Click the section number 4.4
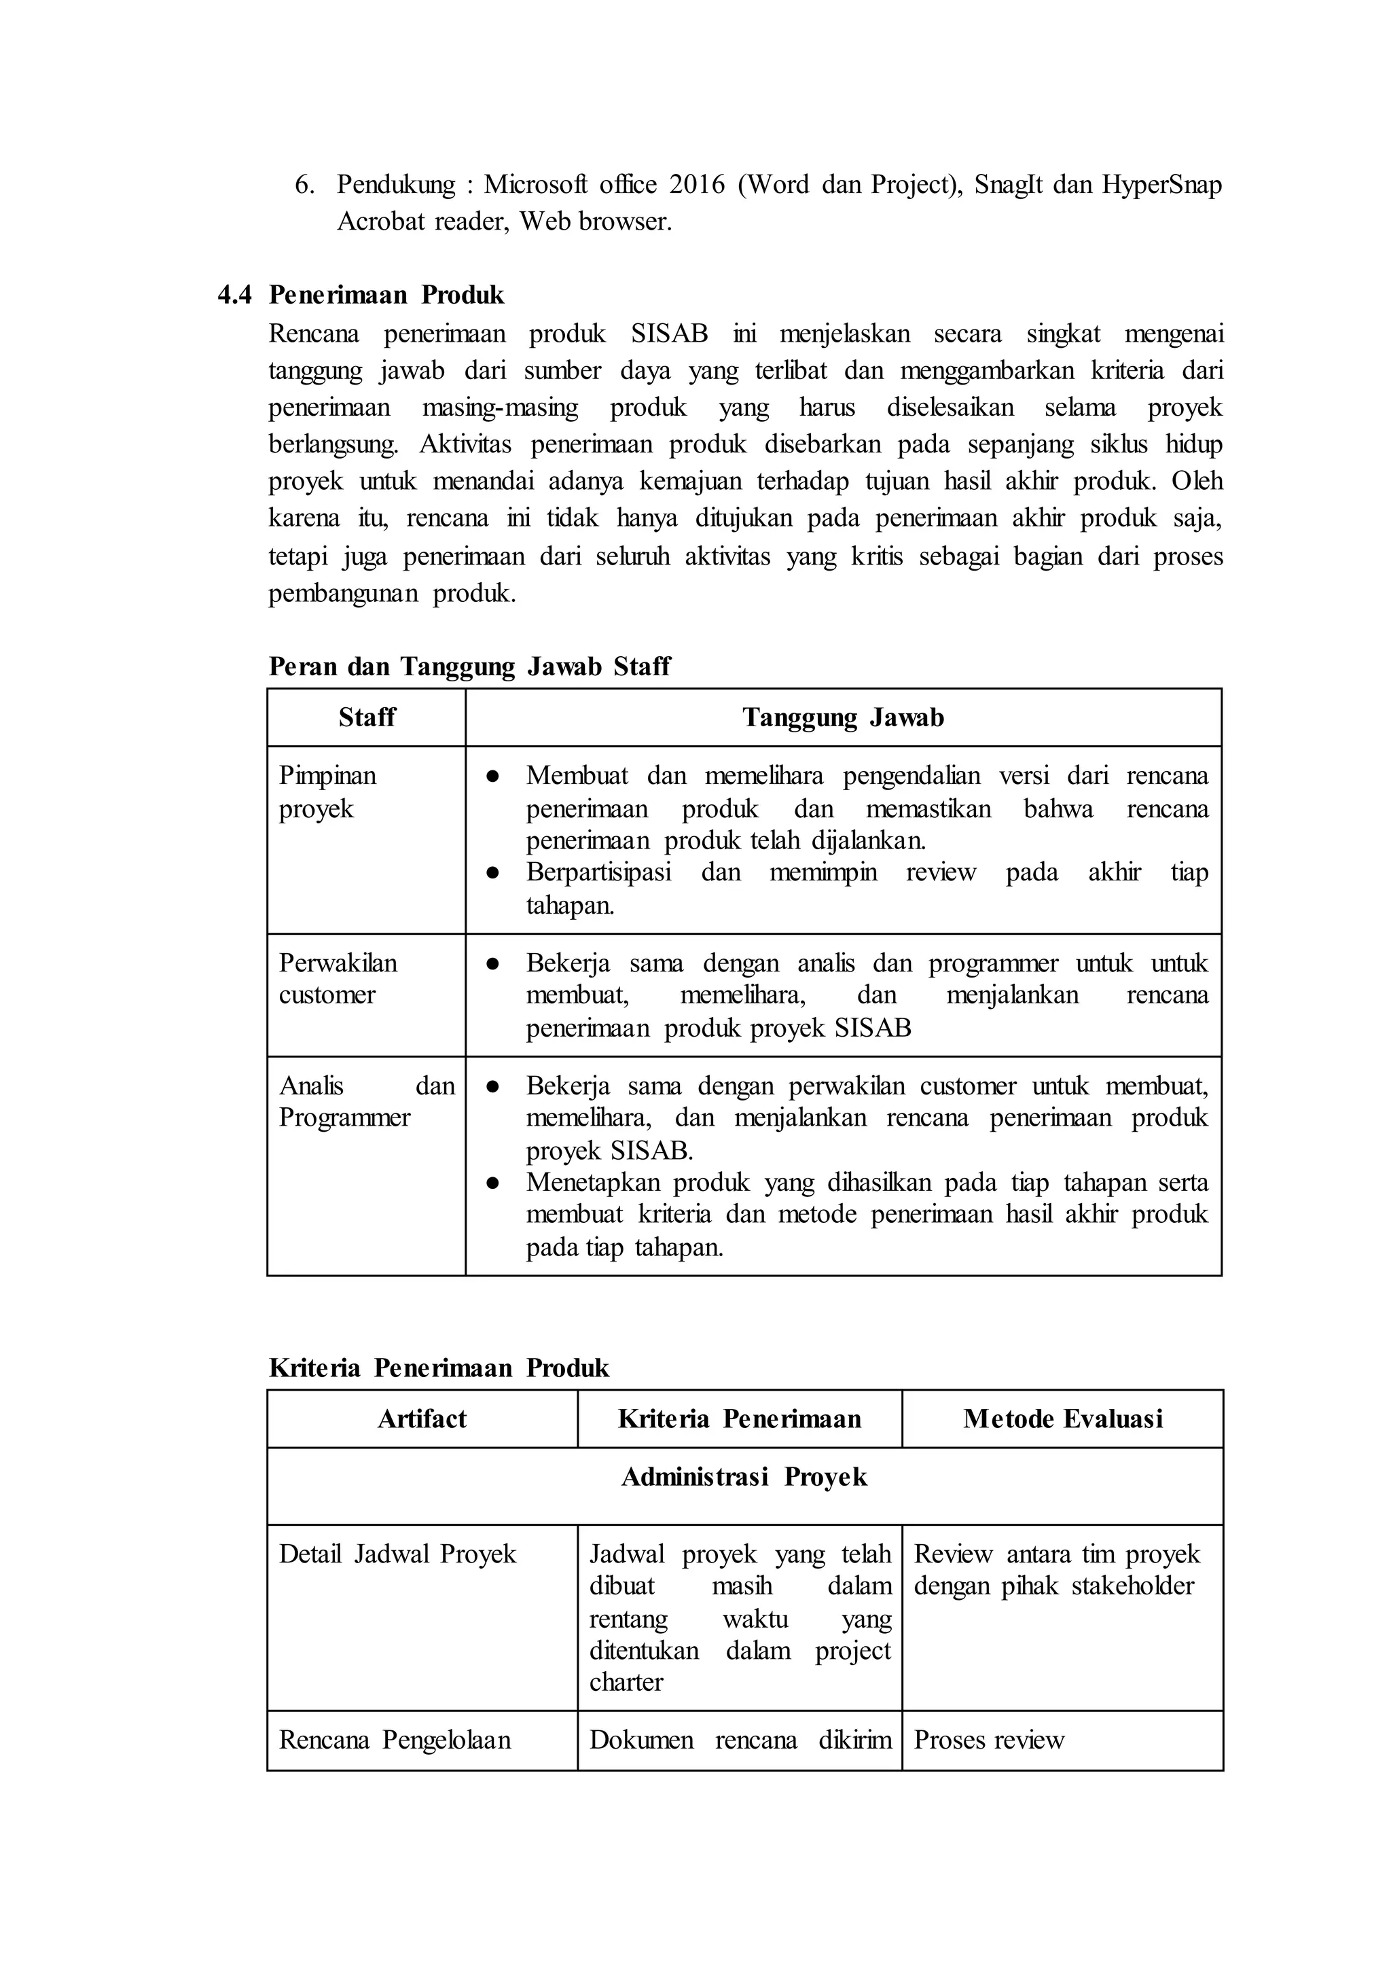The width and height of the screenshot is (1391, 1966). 235,296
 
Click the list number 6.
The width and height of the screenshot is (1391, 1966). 304,184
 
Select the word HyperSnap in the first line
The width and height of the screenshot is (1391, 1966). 1161,184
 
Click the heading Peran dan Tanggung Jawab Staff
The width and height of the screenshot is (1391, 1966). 469,666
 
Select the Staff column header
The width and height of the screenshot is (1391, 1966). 367,718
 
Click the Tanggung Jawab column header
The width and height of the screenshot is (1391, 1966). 843,718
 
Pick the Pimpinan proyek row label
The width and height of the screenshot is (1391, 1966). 327,792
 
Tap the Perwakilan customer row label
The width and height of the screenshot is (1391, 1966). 338,979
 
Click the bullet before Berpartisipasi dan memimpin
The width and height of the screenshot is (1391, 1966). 492,873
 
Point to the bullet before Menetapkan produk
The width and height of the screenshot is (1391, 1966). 492,1183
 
